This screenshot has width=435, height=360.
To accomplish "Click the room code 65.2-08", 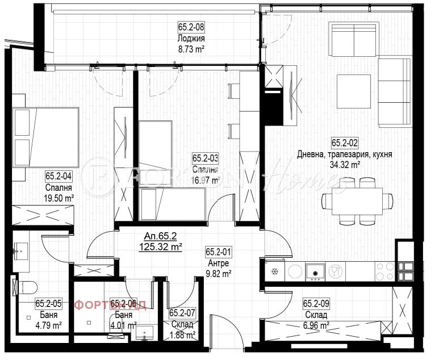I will click(x=191, y=26).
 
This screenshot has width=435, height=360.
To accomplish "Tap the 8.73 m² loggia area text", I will click(x=191, y=49).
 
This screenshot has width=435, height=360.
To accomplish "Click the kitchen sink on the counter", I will click(x=313, y=271).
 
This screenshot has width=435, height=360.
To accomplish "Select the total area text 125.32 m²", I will click(x=161, y=247).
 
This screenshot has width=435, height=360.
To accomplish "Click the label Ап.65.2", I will click(x=161, y=236).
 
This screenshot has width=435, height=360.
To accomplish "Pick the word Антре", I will click(x=218, y=263).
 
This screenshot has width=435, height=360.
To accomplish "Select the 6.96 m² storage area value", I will click(x=316, y=325).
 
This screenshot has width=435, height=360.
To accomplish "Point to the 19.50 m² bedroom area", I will click(x=59, y=198).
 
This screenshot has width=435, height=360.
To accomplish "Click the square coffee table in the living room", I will click(x=354, y=89).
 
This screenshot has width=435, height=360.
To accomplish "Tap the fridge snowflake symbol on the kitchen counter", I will click(x=275, y=271).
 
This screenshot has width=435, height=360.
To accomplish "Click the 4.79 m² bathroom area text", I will click(x=48, y=325).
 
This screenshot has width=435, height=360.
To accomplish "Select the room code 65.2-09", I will click(x=317, y=304).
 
